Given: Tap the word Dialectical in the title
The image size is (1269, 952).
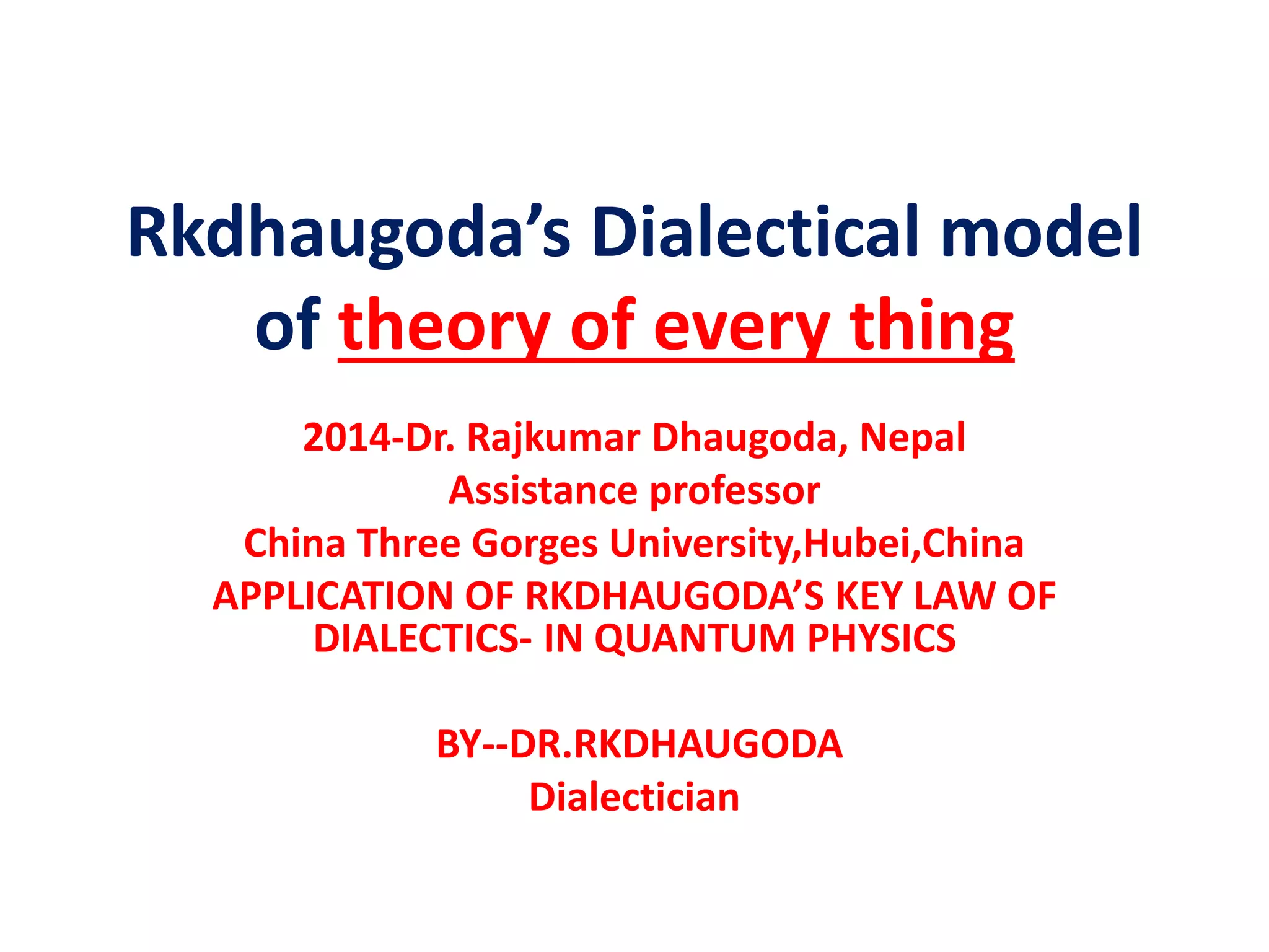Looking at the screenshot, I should tap(755, 233).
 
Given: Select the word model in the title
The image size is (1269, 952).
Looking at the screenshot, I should tap(1040, 233).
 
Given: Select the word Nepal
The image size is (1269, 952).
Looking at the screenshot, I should tap(912, 438).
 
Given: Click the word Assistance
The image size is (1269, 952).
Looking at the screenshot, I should tap(543, 490).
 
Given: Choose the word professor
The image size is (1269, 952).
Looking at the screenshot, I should tap(735, 490).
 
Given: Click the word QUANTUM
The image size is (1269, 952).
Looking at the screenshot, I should tap(694, 638).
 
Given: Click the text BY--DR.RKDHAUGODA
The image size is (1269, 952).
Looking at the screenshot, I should tap(639, 744).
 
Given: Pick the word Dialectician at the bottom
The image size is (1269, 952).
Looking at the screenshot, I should tap(634, 797).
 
